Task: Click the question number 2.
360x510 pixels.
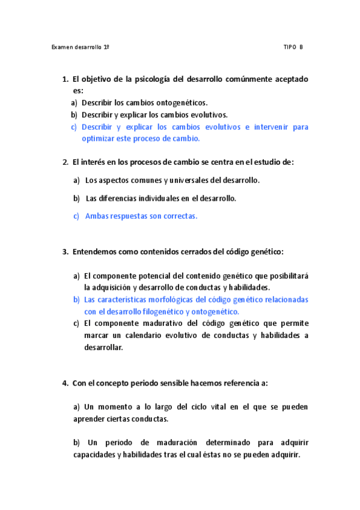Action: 64,162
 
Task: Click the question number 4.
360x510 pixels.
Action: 64,383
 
